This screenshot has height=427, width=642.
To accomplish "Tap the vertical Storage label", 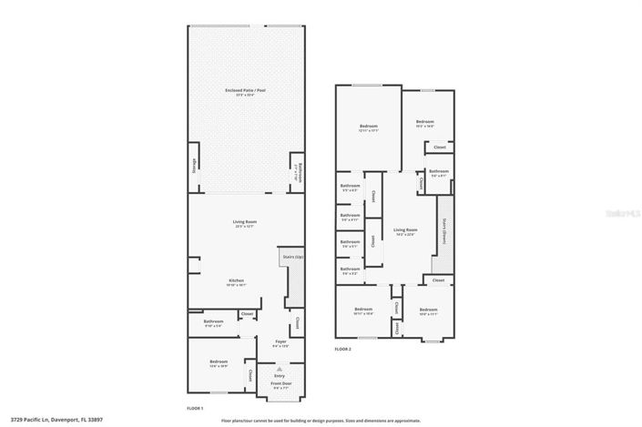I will [x=193, y=168].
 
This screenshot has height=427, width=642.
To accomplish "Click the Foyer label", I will [x=280, y=342].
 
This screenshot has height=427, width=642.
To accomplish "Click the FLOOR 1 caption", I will [x=195, y=408].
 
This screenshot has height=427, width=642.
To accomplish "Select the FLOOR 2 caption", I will [x=343, y=350].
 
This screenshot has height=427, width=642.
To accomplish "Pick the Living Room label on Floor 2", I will [x=405, y=230].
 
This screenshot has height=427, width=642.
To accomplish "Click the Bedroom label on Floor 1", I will [x=219, y=363].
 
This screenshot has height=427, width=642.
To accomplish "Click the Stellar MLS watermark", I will [x=620, y=211].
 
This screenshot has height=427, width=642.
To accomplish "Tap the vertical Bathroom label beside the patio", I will [x=295, y=170].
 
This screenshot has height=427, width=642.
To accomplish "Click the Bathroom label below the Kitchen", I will [x=213, y=320].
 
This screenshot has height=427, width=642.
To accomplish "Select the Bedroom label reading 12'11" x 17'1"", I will [x=368, y=127].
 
